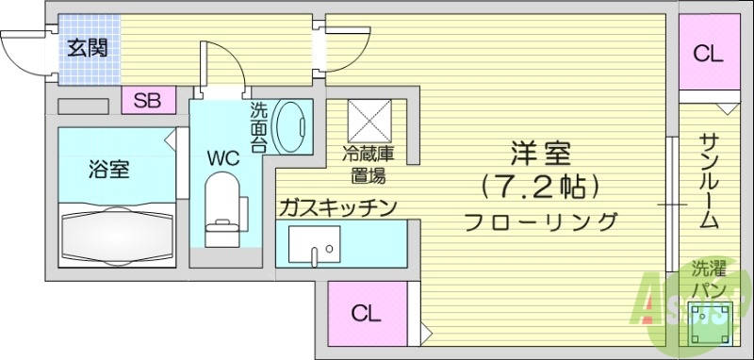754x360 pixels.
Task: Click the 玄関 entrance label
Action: click(x=86, y=46)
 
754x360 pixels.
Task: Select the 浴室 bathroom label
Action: click(x=109, y=170)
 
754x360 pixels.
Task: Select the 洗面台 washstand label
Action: click(x=259, y=128)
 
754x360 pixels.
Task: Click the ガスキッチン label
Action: click(x=337, y=207)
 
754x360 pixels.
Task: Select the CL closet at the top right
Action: click(x=708, y=54)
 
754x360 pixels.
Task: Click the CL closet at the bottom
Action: click(x=367, y=315)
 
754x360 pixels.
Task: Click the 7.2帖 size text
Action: click(x=540, y=188)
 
